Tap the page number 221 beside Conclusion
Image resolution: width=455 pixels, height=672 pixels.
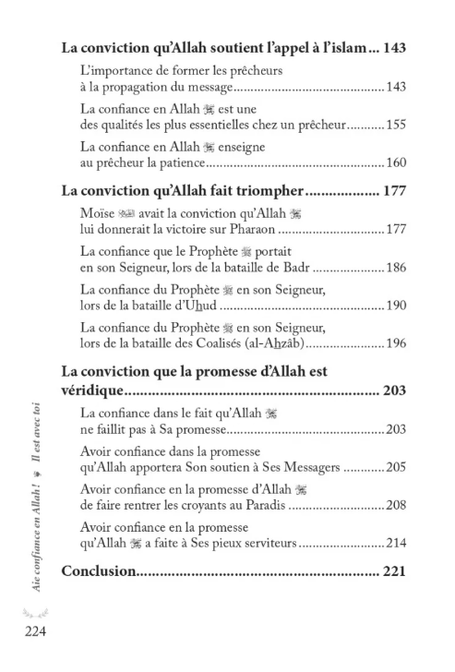tap(393, 572)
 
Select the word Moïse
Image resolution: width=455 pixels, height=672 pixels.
tap(98, 214)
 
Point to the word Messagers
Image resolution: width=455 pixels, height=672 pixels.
tap(306, 468)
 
